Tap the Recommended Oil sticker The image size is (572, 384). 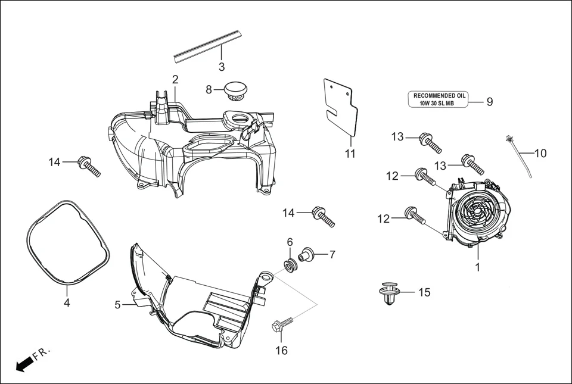click(x=438, y=99)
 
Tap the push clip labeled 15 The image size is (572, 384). click(x=388, y=294)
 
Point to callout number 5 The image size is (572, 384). click(x=118, y=305)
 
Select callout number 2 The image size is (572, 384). click(x=175, y=79)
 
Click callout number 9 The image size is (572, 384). click(x=489, y=102)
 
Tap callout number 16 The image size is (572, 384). click(x=281, y=351)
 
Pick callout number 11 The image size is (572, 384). click(x=350, y=154)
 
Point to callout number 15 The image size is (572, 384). click(x=424, y=292)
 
